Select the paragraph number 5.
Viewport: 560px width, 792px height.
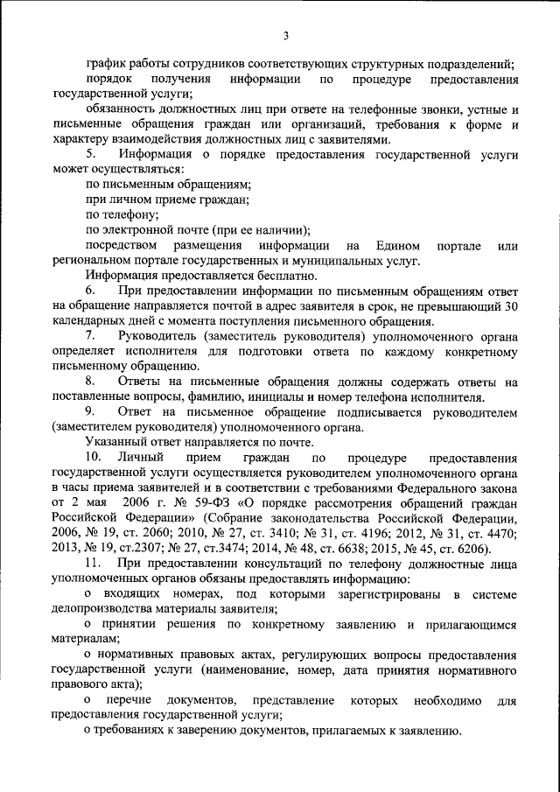pyautogui.click(x=89, y=154)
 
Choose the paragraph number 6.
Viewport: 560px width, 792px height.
pyautogui.click(x=89, y=290)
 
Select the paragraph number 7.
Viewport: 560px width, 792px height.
pyautogui.click(x=89, y=335)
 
